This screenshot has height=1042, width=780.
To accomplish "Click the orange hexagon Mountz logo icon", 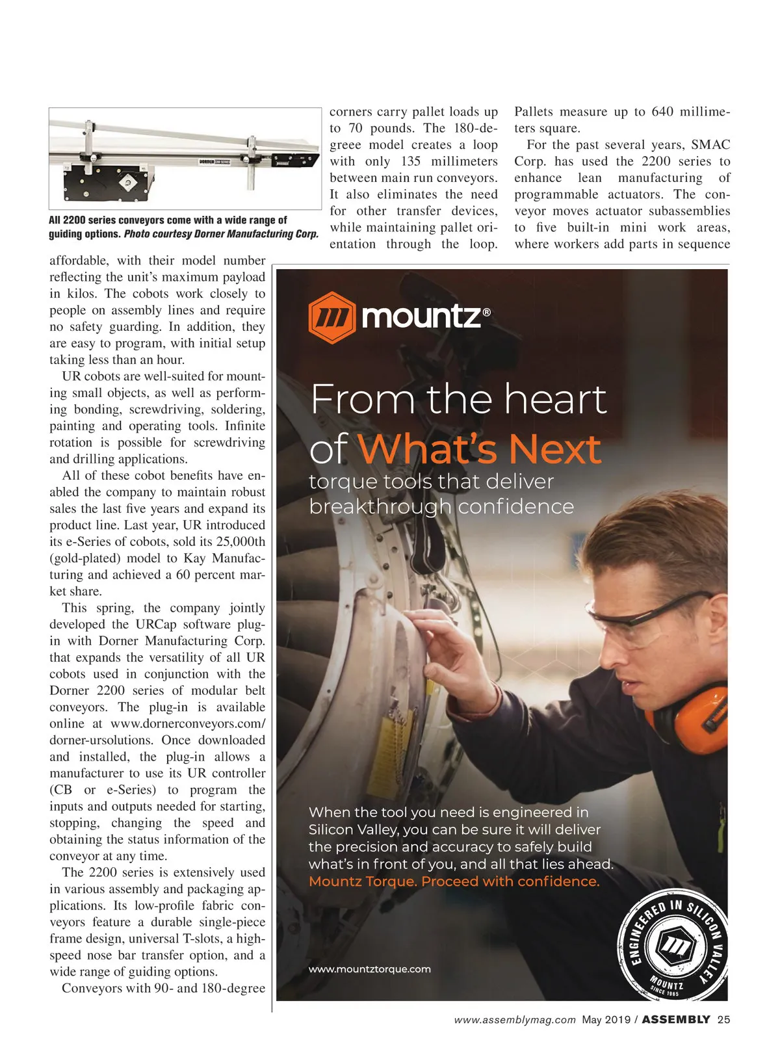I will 331,317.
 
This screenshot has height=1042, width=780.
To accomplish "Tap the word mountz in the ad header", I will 421,317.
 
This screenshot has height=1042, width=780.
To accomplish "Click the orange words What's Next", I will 479,449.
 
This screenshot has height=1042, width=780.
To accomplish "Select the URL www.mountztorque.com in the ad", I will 369,969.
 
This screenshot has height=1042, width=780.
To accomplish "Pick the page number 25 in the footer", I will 723,1020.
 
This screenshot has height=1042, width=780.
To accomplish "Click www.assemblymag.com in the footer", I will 515,1020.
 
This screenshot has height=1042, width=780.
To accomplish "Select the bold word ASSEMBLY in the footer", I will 676,1020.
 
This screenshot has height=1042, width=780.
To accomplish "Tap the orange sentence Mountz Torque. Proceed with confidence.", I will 454,881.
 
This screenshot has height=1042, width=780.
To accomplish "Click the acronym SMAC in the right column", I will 710,145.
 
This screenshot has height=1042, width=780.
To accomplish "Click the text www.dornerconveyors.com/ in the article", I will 188,723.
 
